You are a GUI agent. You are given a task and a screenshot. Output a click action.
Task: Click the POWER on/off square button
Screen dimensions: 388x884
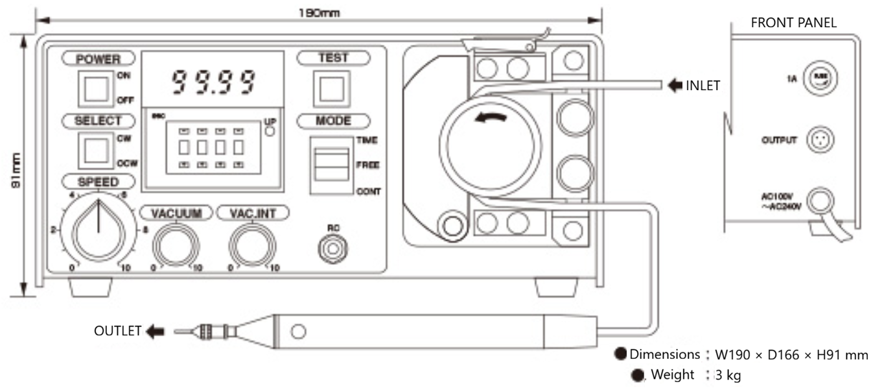tap(96, 90)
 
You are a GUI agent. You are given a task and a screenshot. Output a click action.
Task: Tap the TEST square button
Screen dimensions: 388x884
tap(331, 90)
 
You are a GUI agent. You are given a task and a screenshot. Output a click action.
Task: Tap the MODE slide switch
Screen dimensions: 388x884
tap(329, 165)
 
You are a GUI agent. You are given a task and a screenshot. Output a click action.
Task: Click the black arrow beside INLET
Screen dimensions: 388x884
tap(676, 85)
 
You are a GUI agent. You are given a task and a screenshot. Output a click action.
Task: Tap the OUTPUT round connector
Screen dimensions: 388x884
tap(816, 139)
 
